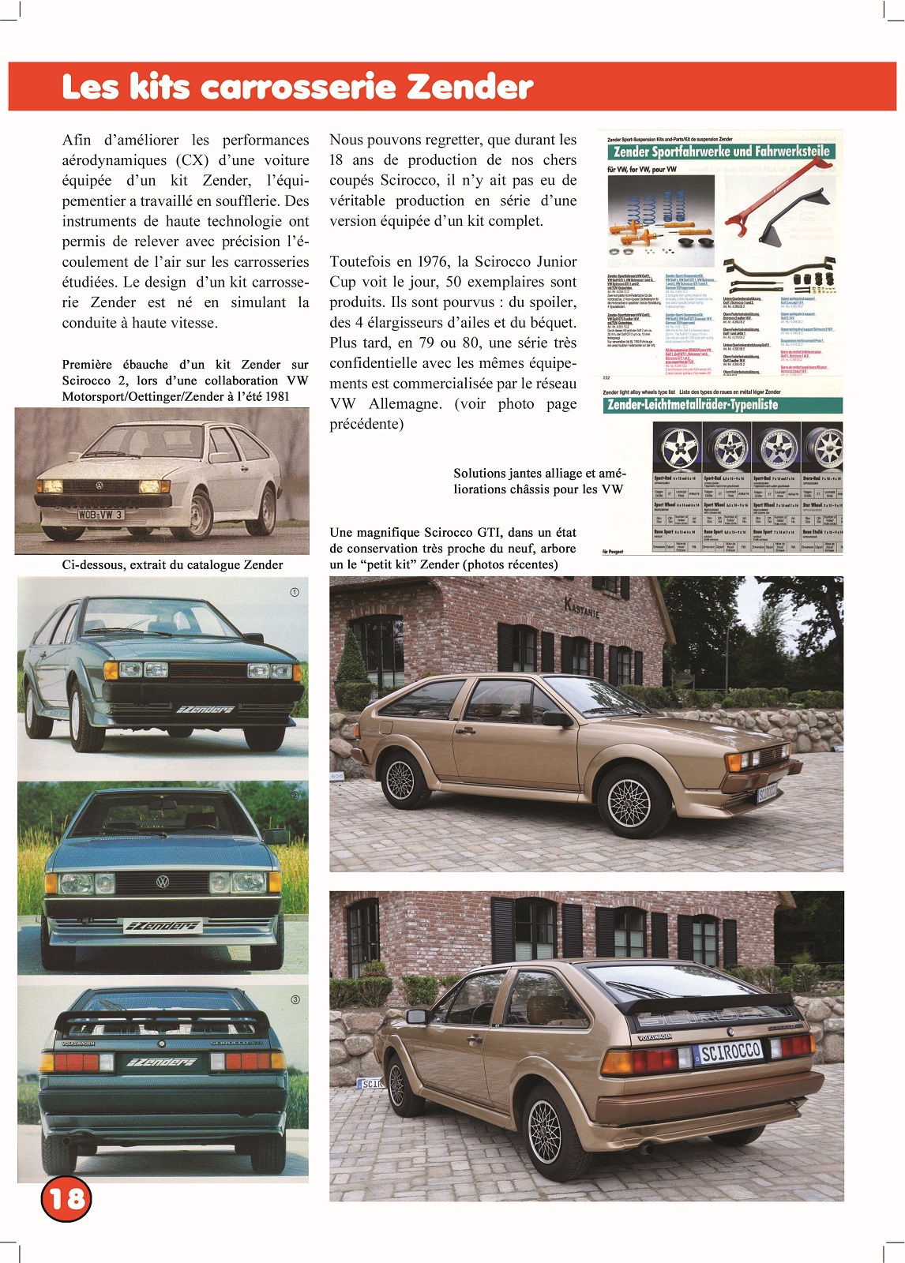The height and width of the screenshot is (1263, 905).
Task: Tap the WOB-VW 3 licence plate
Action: click(x=100, y=515)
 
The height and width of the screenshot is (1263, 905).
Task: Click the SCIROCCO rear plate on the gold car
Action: click(x=731, y=1051)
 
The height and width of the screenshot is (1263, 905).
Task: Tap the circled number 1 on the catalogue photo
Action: click(x=295, y=592)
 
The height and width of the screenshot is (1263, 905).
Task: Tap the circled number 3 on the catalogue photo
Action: click(x=295, y=999)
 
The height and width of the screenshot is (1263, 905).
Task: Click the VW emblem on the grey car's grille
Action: click(x=162, y=882)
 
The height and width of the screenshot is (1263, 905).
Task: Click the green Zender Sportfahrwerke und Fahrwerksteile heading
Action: click(x=722, y=151)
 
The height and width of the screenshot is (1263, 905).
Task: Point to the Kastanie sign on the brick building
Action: click(x=582, y=607)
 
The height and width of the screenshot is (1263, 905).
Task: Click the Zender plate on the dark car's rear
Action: click(x=162, y=1062)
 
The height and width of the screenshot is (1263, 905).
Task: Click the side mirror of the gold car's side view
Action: click(x=558, y=718)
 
